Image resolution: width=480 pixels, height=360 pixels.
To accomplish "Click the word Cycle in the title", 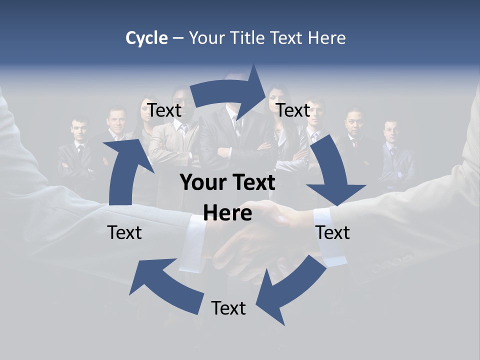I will pos(146,38).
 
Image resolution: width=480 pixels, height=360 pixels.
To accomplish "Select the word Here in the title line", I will pos(324,38).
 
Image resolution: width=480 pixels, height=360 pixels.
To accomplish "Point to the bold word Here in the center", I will pos(227,213).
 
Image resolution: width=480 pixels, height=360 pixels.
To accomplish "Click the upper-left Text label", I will pos(164,110).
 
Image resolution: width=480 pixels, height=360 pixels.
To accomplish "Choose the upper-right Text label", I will pos(293,110).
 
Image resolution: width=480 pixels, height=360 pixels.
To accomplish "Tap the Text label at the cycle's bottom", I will pos(228,308).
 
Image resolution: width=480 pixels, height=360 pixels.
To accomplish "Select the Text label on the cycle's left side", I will pos(124,232).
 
